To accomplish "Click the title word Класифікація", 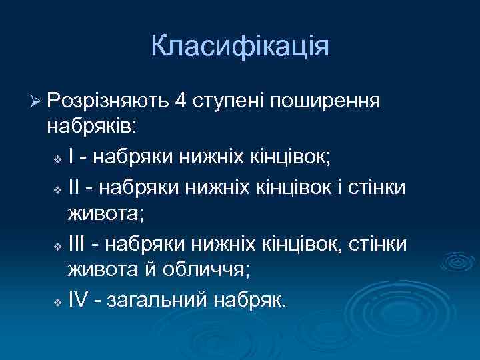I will coord(240,47).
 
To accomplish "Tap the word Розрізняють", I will coord(109,101).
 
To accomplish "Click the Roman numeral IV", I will coord(79,301).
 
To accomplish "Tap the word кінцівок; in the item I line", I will coord(291,157).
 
